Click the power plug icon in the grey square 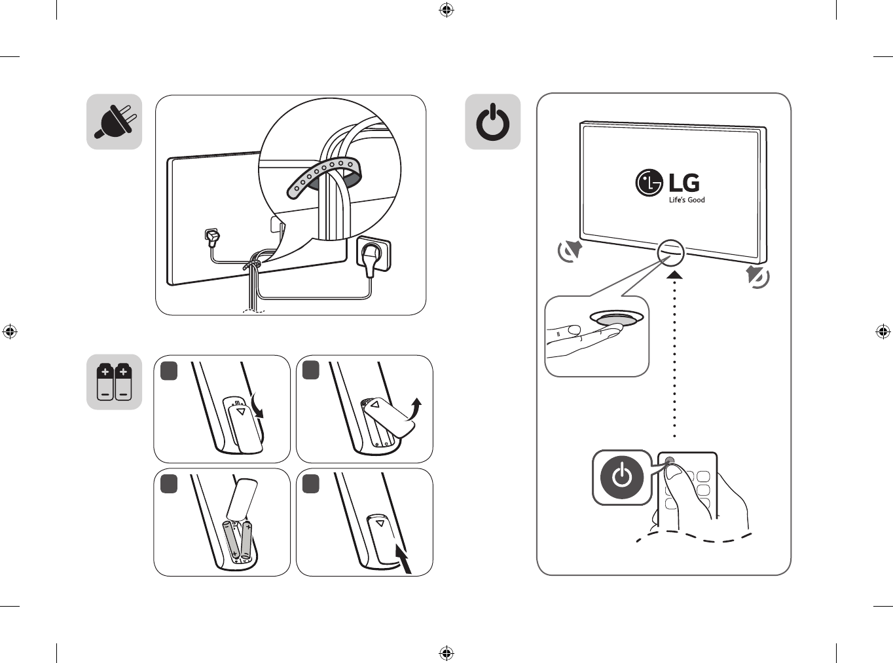pos(113,121)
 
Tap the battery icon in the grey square pos(115,382)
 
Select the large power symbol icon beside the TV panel pos(493,122)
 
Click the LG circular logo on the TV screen pos(649,183)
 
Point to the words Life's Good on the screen pos(687,200)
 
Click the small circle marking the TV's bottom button pos(670,253)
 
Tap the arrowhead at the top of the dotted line pos(675,275)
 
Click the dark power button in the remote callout pos(622,478)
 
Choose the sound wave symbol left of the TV pos(570,252)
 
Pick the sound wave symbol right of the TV pos(757,276)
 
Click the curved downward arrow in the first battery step pos(257,406)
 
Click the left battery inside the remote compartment pos(232,540)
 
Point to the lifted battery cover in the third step pos(242,499)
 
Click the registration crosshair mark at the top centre pos(446,10)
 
